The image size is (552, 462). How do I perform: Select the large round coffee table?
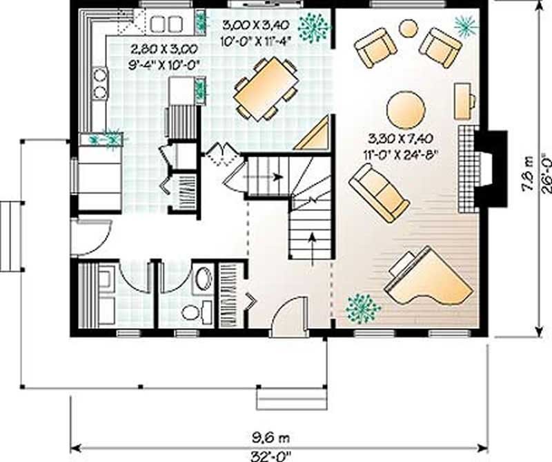pos(406,110)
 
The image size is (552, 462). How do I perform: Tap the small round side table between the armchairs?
pos(409,28)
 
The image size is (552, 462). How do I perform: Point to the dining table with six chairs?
pos(266,88)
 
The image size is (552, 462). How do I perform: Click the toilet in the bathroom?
pos(191,311)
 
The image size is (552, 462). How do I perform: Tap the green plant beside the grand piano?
pos(363,308)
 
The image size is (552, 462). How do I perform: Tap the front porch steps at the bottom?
pos(290,399)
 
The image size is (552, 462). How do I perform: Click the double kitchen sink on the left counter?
pos(100,82)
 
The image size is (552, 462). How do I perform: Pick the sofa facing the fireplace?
pos(379,192)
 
